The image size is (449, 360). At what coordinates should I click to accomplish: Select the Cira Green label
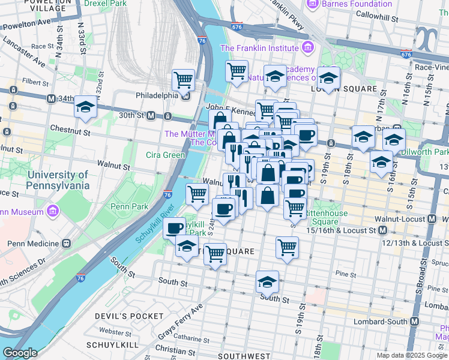click(x=165, y=155)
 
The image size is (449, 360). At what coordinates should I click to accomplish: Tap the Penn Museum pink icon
click(x=53, y=212)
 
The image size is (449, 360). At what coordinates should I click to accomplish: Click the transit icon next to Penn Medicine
click(x=65, y=244)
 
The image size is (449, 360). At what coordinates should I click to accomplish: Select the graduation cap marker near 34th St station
click(x=85, y=107)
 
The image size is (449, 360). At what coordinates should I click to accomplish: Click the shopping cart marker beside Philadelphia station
click(x=183, y=79)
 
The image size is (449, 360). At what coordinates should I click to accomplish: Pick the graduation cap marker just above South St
click(x=268, y=280)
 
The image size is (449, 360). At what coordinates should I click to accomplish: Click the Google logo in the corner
click(x=20, y=353)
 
